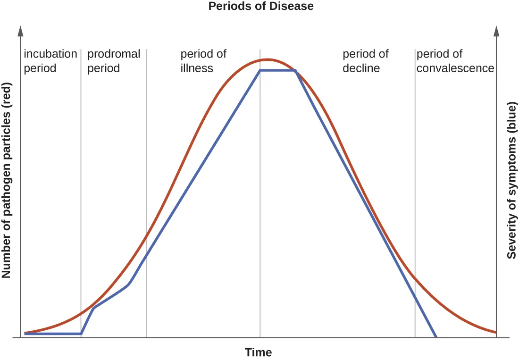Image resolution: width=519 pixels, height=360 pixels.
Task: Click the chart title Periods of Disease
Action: coord(261,6)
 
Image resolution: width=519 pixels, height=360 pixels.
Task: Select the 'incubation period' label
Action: coord(50,61)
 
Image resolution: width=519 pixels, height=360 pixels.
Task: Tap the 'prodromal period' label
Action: coord(114,61)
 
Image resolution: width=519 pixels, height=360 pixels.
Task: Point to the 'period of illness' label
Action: coord(203,61)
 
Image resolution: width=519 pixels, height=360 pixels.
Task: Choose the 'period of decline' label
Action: coord(365,61)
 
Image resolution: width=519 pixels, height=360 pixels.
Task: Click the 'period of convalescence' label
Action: coord(455,61)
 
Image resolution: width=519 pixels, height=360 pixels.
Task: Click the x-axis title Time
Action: coord(258,352)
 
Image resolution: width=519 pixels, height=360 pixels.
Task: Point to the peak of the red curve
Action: coord(268,59)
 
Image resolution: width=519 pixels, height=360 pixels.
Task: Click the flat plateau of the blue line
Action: coord(277,70)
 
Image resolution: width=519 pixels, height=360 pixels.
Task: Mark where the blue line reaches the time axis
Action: coord(436,337)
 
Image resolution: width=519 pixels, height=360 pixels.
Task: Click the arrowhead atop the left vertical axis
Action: coord(20,31)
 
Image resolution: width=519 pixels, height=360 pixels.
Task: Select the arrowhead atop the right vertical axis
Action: coord(496,31)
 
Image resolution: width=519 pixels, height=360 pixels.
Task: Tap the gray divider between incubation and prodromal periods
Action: coord(81,189)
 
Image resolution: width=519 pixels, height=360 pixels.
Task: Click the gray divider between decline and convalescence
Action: coord(415,189)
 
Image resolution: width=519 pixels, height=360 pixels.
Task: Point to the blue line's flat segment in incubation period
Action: coord(52,334)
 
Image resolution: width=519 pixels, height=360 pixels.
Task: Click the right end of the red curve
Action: coord(495,332)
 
